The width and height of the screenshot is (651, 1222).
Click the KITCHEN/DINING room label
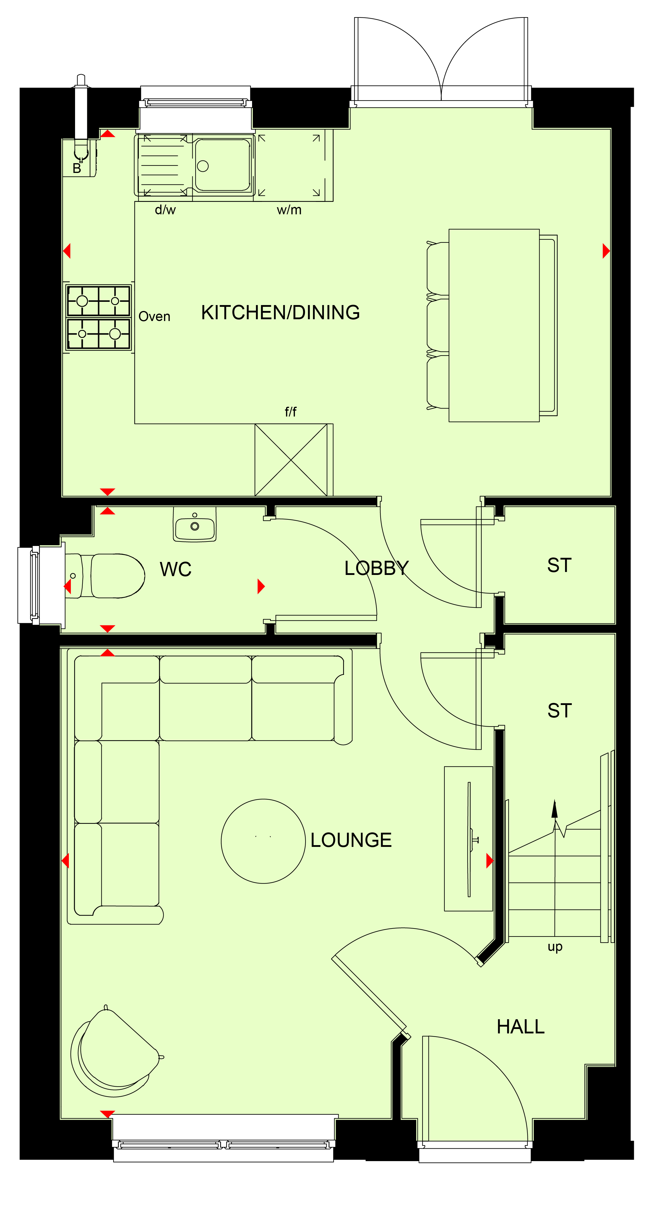(x=280, y=313)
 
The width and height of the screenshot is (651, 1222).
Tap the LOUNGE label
(x=351, y=840)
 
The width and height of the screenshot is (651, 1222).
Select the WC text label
(x=176, y=569)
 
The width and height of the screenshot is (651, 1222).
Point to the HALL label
(x=521, y=1027)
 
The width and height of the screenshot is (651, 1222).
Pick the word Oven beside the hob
(x=154, y=316)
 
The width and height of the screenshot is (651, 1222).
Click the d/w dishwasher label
(x=165, y=210)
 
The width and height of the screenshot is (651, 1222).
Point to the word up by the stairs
(x=555, y=947)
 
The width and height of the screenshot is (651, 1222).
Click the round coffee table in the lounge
(x=263, y=841)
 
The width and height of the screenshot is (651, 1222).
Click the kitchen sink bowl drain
(x=202, y=166)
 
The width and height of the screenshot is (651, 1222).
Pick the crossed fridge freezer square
(x=291, y=460)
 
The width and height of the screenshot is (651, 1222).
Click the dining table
(x=494, y=325)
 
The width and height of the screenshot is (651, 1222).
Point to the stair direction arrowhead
(x=554, y=809)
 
